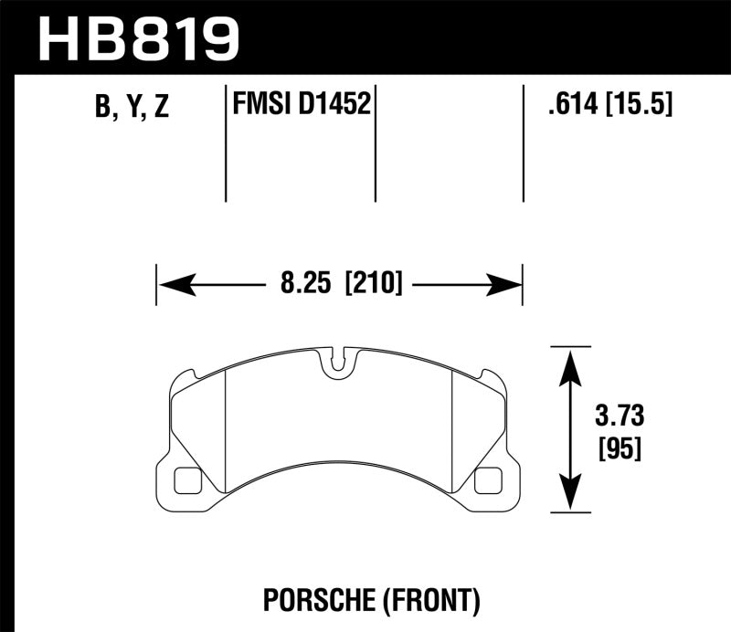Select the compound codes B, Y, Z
tap(131, 108)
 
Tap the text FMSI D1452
tap(301, 106)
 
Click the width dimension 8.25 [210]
tap(339, 285)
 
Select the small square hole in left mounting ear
tap(186, 478)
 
